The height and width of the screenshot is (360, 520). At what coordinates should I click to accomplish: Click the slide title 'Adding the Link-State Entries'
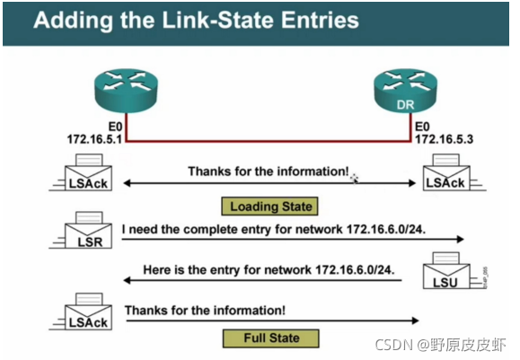196,20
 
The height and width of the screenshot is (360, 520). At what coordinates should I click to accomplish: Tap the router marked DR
405,91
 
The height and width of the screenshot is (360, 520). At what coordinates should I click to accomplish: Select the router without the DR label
126,91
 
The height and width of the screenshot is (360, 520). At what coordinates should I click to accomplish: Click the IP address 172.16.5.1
94,139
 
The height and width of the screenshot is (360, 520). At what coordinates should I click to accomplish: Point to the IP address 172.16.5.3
444,139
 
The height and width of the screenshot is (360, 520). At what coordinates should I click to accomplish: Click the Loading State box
269,206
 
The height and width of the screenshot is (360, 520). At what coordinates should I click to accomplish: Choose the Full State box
271,338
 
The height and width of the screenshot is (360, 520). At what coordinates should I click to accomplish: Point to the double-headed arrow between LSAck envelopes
269,183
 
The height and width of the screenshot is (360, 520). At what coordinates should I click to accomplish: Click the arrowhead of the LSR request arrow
460,239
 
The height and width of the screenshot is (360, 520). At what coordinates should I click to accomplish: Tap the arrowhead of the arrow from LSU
128,280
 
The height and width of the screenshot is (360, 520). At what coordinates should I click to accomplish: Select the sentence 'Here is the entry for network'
227,270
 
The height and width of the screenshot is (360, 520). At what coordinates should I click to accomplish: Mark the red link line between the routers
269,142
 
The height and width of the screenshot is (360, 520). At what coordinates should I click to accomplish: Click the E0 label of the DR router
422,127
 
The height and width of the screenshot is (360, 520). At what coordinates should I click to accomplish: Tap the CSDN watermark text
441,345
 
